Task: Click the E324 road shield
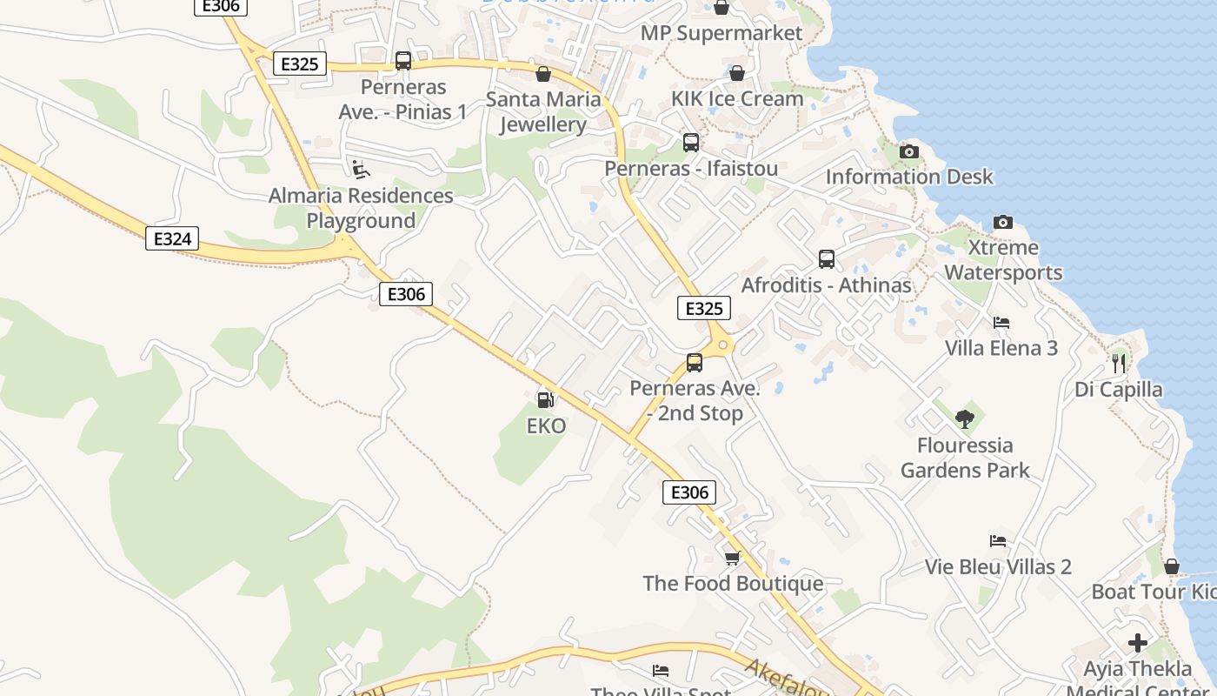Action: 172,238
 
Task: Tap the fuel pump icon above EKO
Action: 546,399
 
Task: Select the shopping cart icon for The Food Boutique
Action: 733,558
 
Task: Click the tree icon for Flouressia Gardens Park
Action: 964,419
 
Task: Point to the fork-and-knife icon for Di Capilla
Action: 1119,363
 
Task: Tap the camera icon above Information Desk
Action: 909,152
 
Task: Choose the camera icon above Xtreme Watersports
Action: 1003,222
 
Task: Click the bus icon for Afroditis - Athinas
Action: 827,259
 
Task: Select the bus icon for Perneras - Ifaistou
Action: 691,143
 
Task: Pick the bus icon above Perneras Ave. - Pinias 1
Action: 403,61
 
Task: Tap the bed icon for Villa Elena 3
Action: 1001,323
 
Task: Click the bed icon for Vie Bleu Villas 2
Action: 998,541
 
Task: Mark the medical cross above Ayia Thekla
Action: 1138,644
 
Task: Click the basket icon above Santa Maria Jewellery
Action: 543,74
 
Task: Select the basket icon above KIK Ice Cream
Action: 737,73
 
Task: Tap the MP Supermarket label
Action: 722,33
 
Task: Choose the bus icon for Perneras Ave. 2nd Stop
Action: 695,363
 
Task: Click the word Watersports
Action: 1003,272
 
